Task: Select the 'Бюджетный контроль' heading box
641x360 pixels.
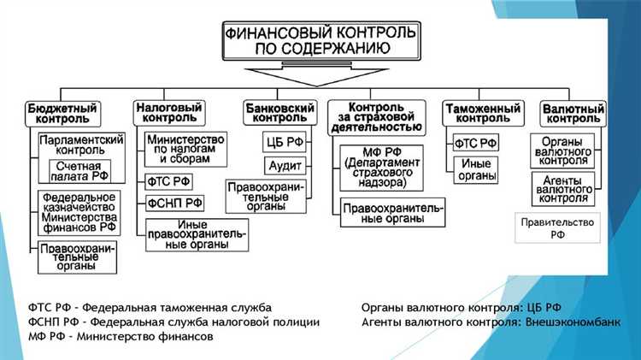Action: [x=62, y=114]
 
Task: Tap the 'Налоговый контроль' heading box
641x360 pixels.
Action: [x=169, y=114]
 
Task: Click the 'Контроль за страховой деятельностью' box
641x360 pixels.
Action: [x=375, y=116]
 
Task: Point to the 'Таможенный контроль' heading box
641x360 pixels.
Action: [x=483, y=114]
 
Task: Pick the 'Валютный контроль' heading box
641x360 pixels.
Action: [x=573, y=114]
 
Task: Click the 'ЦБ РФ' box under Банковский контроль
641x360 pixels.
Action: [x=282, y=141]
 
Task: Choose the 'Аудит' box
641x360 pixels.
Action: [x=282, y=164]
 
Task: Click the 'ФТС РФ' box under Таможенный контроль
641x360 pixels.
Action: [x=477, y=143]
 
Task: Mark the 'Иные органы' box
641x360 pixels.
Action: [x=476, y=168]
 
